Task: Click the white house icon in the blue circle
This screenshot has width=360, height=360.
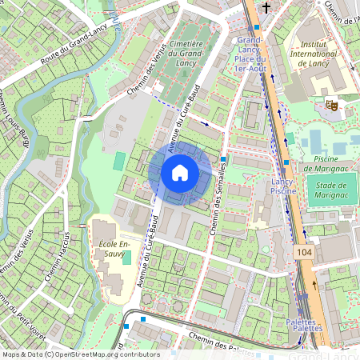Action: pyautogui.click(x=180, y=173)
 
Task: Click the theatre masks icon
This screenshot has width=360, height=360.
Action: pyautogui.click(x=330, y=105)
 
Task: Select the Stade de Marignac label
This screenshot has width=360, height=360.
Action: pyautogui.click(x=331, y=190)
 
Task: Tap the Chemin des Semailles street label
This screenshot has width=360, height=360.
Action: pyautogui.click(x=214, y=206)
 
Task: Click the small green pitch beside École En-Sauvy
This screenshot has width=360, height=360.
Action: pyautogui.click(x=126, y=260)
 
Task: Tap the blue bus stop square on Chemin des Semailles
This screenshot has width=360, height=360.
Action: pyautogui.click(x=222, y=159)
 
